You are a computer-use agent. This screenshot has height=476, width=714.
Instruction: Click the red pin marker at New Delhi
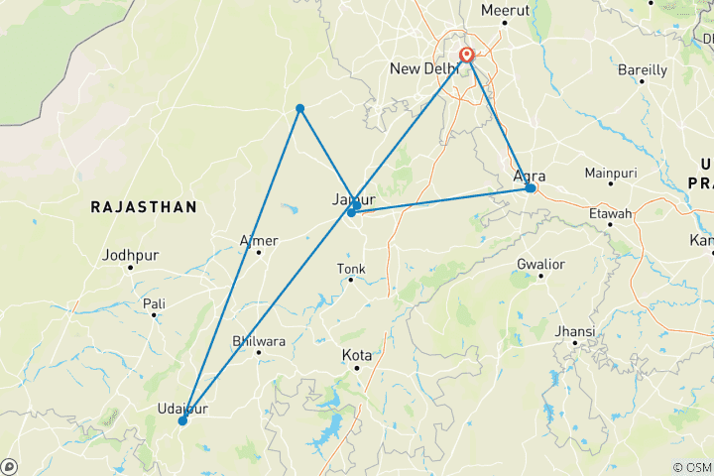point(466,56)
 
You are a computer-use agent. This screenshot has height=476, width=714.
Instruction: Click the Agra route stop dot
point(531,188)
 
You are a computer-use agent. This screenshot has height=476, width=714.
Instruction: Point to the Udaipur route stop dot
point(182,420)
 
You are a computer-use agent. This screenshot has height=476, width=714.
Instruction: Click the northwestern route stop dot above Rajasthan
point(299,108)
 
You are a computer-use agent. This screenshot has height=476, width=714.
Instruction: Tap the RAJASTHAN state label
point(143,206)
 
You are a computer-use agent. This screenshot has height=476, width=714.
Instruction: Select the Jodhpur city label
point(130,255)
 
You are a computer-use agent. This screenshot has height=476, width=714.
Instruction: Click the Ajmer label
point(259,240)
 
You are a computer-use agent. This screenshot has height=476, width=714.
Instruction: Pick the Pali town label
point(154,302)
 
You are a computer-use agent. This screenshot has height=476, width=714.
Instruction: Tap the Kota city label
point(356,354)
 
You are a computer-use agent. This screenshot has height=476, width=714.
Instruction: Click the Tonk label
point(351,268)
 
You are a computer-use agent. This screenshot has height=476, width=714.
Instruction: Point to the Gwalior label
point(540,264)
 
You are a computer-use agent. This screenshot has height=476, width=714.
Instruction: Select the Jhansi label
point(576,330)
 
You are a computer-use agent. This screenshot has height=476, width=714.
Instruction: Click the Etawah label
point(610,213)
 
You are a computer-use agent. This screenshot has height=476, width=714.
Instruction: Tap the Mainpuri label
point(610,173)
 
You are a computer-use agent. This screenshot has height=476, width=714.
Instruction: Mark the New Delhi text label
point(423,68)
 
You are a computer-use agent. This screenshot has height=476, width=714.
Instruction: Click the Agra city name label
point(530,176)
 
